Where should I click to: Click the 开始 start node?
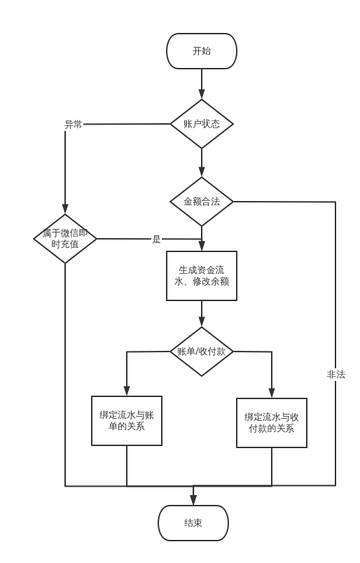coord(202,51)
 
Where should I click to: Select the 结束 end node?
coord(193,523)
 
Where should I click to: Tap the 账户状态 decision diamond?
coord(202,124)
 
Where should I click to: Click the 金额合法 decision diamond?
coord(202,202)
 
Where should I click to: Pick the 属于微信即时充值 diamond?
coord(65,239)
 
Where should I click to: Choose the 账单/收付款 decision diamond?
coord(202,352)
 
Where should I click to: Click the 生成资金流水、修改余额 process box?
coord(202,276)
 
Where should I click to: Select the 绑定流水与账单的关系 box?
coord(127,420)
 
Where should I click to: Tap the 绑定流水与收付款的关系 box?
coord(272,422)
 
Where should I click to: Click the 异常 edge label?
coord(74,125)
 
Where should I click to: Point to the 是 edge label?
coord(156,239)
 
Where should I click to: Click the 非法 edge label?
coord(335,375)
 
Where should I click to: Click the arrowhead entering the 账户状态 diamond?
coord(202,95)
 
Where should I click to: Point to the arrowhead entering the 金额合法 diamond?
coord(202,172)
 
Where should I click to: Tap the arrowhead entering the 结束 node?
coord(193,501)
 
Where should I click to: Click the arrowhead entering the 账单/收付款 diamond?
coord(202,322)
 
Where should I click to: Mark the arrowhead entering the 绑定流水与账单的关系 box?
coord(127,391)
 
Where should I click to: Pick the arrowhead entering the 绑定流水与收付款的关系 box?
coord(272,394)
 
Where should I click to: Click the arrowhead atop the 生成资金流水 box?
coord(202,246)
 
